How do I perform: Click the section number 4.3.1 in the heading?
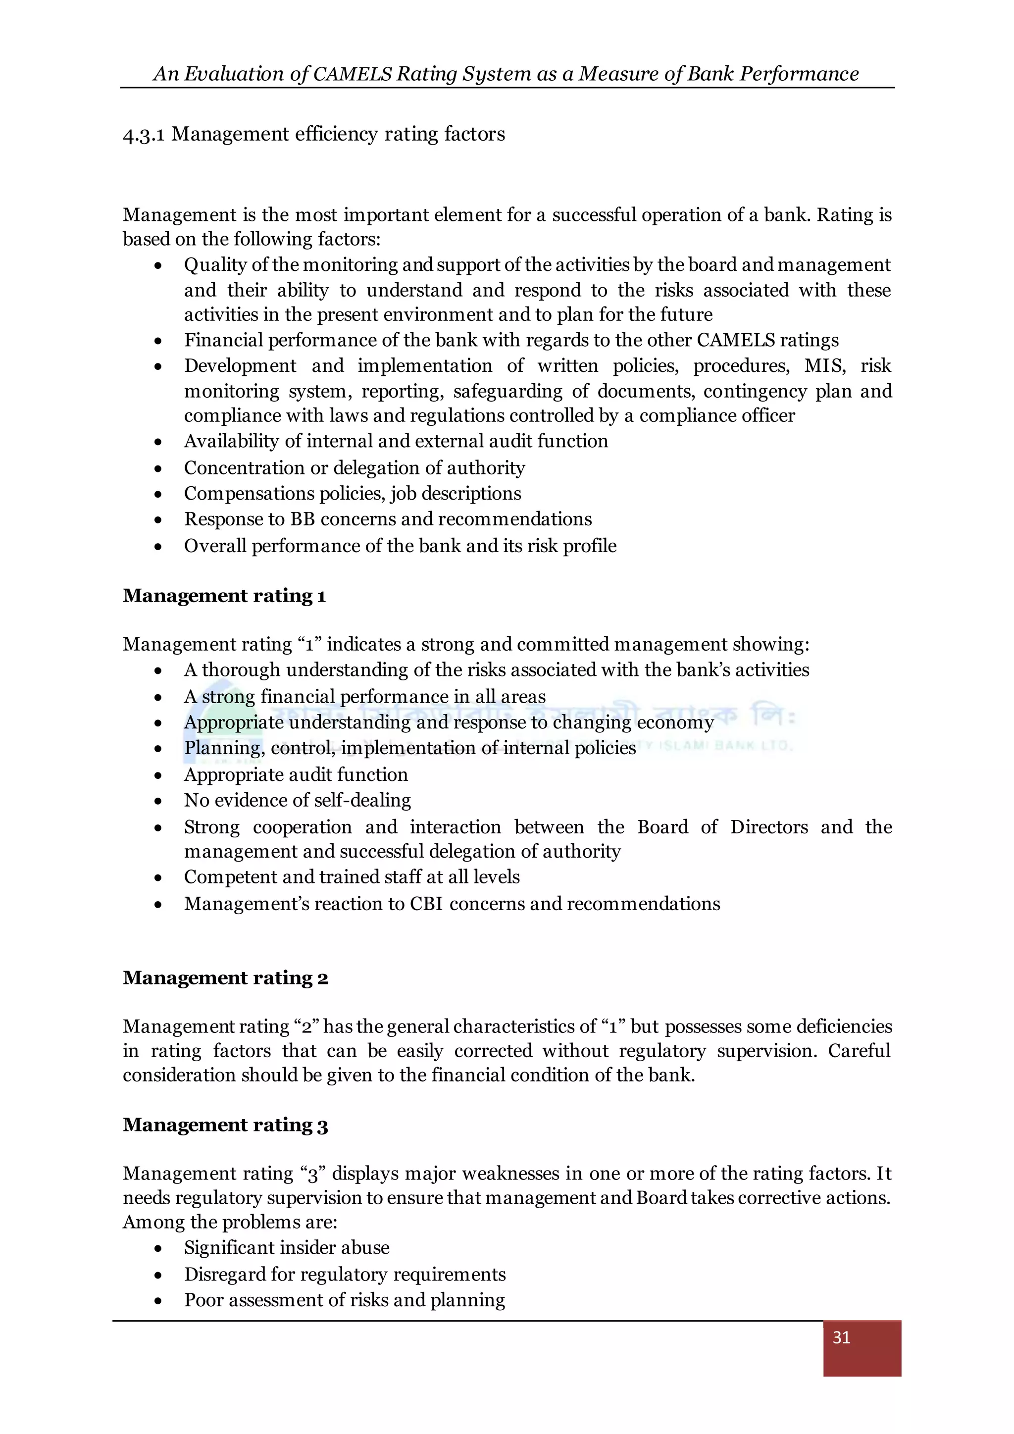[144, 135]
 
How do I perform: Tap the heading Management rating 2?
[225, 978]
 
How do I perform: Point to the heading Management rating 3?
[225, 1125]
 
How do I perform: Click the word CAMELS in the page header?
[352, 74]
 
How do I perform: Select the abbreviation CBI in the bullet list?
[425, 904]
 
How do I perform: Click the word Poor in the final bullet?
[203, 1300]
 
